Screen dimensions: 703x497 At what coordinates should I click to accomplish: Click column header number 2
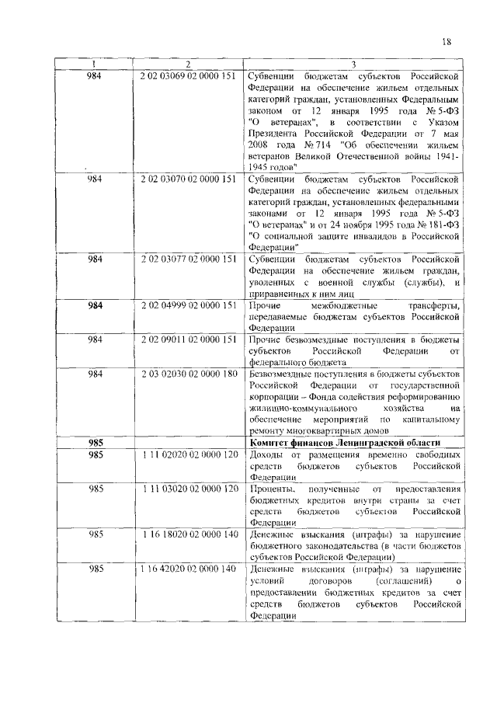188,64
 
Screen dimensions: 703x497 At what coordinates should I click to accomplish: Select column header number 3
353,64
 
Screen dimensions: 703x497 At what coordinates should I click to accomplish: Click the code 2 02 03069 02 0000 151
188,76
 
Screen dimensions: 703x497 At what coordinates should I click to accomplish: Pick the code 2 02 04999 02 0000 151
188,306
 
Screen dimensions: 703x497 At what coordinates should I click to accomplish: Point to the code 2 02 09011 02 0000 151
188,340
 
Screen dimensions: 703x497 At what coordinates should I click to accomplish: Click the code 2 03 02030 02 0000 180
188,374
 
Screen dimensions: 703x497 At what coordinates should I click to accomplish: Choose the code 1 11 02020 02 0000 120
188,454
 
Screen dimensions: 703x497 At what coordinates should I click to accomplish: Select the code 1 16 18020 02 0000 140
189,534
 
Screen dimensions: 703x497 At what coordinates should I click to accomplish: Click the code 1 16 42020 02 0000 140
188,569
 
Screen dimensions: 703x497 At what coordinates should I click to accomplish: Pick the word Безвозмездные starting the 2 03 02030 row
285,374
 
